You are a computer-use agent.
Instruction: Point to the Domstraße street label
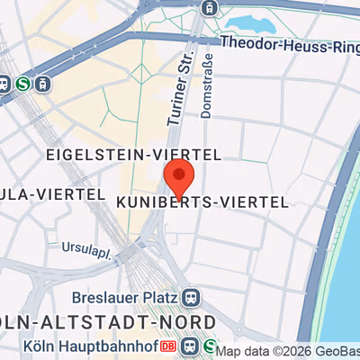(x=207, y=86)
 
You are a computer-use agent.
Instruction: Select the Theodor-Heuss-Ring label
(x=288, y=42)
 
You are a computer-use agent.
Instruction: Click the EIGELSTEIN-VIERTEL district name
(x=133, y=155)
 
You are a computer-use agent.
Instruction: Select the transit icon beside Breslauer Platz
(x=190, y=296)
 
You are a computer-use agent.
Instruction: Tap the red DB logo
(x=168, y=346)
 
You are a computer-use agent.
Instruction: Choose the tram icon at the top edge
(x=210, y=7)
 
